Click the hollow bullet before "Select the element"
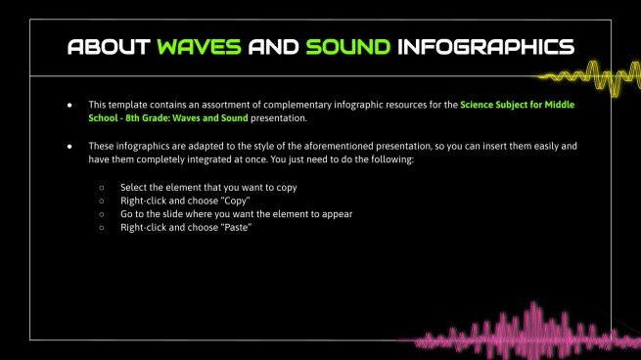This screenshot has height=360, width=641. [102, 186]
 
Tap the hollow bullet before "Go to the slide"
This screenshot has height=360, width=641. [102, 213]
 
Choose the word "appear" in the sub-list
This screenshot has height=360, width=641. [336, 213]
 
